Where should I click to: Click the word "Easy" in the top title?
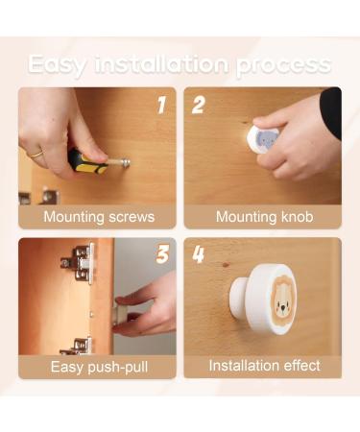(60, 65)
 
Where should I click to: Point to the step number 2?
(199, 105)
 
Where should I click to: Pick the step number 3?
(161, 253)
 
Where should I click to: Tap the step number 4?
(199, 254)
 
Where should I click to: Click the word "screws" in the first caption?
(128, 217)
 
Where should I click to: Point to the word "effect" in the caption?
(295, 366)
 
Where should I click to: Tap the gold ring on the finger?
(36, 153)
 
